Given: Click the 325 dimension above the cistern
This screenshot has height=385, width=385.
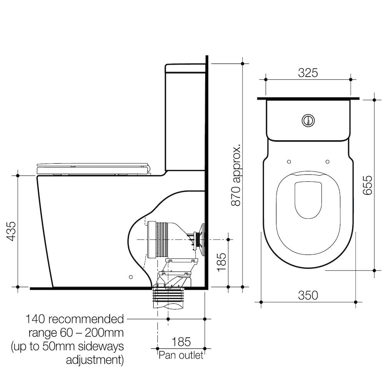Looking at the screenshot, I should (x=308, y=73).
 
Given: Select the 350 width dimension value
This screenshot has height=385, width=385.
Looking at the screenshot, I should (x=308, y=295).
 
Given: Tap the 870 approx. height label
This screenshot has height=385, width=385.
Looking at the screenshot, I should (x=236, y=176).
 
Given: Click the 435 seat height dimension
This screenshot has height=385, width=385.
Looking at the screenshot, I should (x=12, y=231).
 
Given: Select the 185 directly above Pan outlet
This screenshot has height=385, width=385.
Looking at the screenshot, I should (x=181, y=341).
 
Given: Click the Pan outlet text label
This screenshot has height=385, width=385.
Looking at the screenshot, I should (x=181, y=355).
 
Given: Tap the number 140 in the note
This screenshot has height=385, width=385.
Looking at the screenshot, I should (x=36, y=319).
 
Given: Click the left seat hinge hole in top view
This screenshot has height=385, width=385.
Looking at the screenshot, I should (x=289, y=161).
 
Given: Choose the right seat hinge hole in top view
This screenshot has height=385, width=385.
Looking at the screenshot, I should (x=327, y=161).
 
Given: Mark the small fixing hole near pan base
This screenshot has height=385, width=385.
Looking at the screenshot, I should (x=131, y=277).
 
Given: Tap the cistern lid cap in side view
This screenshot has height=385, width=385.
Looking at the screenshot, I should (x=185, y=69).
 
